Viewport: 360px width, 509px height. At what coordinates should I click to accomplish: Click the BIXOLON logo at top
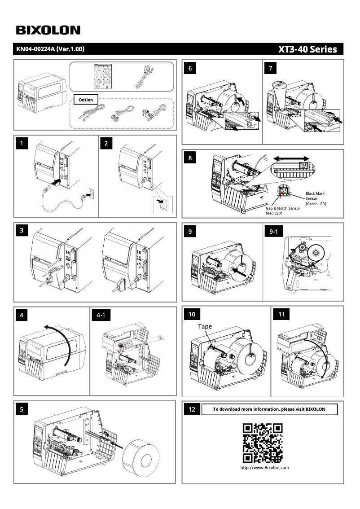tap(48, 30)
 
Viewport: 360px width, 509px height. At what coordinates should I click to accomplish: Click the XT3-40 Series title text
tap(307, 49)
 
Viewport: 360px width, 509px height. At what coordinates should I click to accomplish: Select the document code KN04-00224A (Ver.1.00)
tap(50, 49)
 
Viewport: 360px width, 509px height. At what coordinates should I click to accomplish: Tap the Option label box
tap(85, 100)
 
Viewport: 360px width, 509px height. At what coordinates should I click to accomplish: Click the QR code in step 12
tap(263, 443)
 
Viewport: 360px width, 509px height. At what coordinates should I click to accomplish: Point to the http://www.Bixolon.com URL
tap(264, 467)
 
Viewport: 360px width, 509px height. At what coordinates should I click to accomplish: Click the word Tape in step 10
tap(205, 326)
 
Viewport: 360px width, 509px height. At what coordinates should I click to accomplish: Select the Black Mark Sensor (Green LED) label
tap(316, 198)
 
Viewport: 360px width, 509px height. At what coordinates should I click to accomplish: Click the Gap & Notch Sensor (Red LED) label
tap(282, 211)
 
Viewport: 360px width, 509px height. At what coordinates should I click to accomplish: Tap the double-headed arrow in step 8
tap(291, 158)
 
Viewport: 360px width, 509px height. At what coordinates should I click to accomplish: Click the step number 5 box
tap(22, 409)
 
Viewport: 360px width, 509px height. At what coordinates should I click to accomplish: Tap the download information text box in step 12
tap(269, 409)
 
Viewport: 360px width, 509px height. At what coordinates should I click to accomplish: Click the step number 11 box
tap(281, 314)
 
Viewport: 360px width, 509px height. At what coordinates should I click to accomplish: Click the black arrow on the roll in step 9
tap(239, 270)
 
